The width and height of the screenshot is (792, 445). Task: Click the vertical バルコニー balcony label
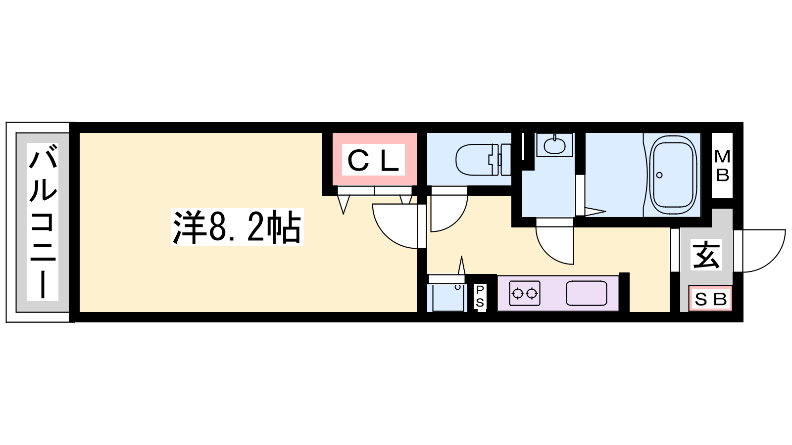pos(43,222)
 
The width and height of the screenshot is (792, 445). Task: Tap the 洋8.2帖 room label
pos(237,227)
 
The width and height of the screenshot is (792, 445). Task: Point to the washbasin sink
pos(554,145)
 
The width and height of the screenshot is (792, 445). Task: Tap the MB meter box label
pos(722,166)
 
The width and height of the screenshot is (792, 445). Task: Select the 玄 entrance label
pos(706,254)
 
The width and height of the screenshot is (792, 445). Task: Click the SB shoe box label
pos(710,299)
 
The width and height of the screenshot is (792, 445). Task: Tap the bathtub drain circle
pos(659,175)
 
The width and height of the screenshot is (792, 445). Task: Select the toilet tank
pos(505,159)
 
